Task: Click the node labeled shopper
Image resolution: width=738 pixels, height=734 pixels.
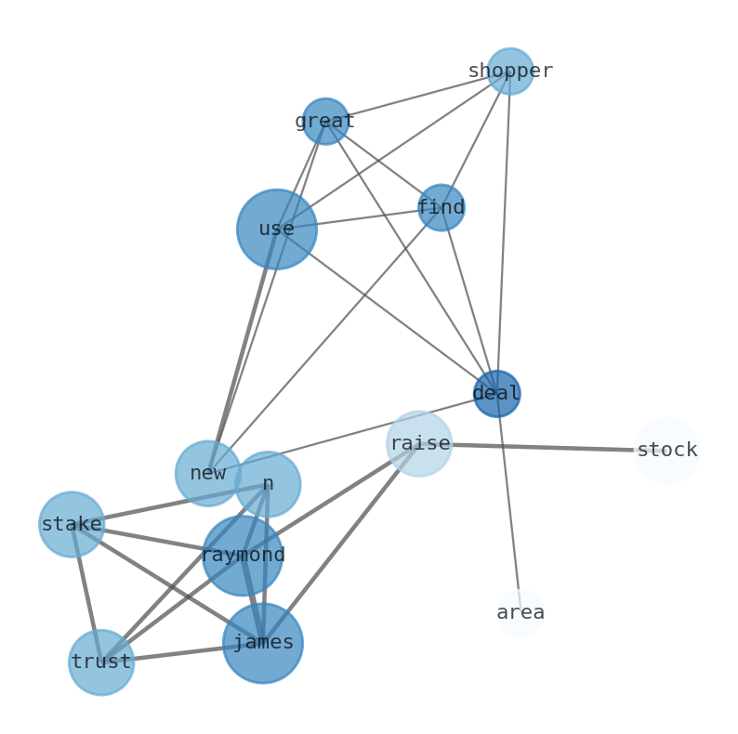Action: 509,72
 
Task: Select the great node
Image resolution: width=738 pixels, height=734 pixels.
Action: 325,121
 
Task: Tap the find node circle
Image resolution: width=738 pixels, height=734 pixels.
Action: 441,207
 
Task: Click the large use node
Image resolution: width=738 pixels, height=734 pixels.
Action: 276,229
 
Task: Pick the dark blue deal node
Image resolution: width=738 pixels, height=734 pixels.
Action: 496,393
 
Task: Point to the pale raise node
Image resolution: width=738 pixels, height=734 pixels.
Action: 419,443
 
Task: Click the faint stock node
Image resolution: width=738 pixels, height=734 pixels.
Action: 666,451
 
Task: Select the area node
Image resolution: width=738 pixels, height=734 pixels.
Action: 521,612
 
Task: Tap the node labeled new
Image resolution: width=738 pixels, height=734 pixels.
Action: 207,473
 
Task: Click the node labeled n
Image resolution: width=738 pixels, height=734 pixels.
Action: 268,484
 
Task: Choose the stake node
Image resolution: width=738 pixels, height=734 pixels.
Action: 72,524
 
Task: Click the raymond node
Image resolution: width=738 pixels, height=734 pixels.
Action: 243,556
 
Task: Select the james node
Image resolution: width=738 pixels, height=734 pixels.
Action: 263,643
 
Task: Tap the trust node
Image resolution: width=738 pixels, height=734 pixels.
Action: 101,662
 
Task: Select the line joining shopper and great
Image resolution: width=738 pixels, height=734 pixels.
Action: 418,96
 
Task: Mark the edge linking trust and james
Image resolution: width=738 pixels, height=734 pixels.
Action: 181,653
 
